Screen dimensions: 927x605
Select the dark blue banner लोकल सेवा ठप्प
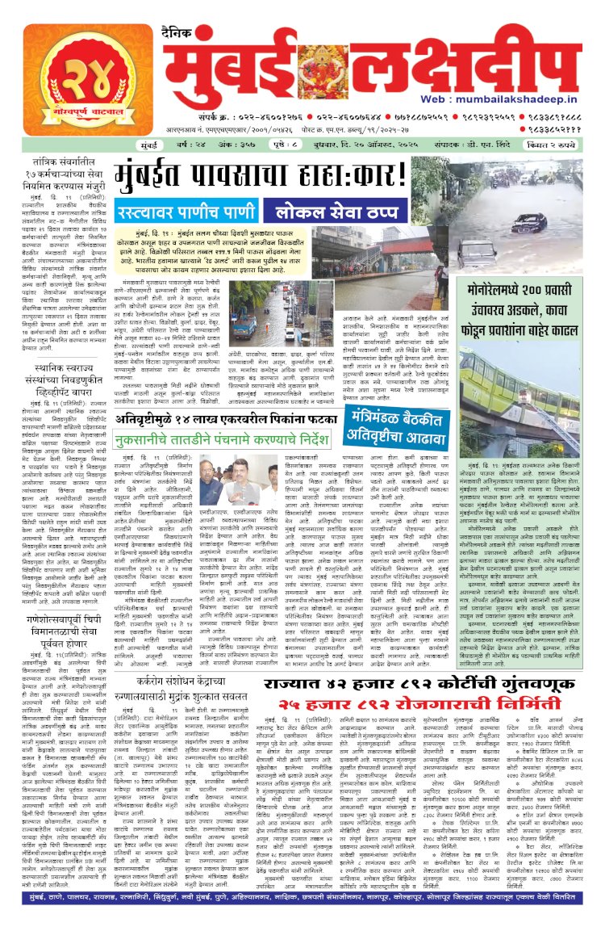[x=335, y=213]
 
